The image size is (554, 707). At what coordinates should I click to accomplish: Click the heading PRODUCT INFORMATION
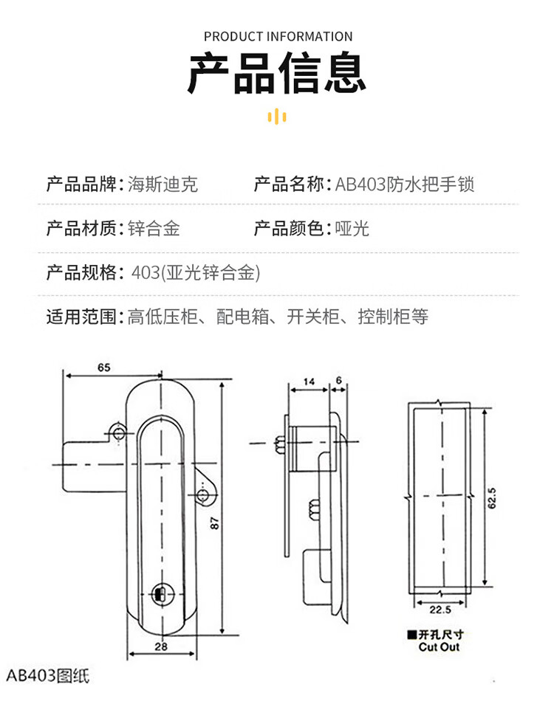278,36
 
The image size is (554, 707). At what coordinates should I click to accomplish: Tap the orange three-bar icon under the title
276,116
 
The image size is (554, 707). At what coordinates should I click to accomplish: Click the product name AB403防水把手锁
404,184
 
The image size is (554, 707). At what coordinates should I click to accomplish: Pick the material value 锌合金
154,229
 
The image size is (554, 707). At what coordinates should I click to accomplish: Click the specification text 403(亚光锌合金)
195,273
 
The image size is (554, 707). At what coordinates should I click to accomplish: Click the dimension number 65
103,367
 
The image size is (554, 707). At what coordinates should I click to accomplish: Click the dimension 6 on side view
338,381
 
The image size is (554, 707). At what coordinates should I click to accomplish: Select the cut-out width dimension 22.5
440,610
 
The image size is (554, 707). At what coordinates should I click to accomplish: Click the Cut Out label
439,646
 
